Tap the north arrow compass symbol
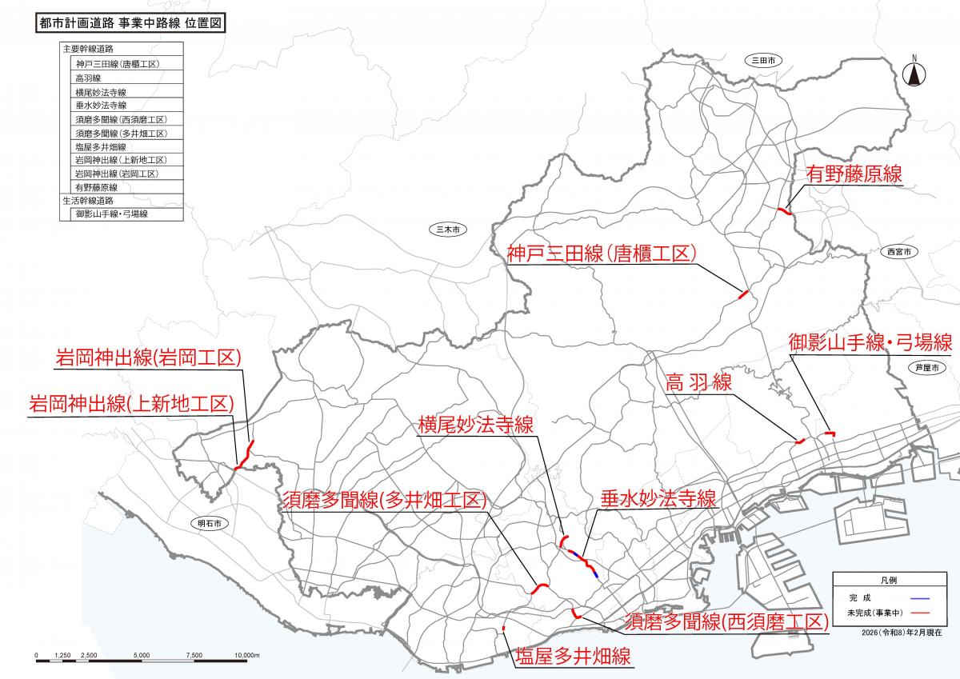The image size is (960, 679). point(914,73)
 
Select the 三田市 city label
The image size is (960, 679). point(764,60)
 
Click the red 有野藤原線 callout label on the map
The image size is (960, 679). point(854,174)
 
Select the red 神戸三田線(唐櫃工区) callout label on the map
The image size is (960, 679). point(601,254)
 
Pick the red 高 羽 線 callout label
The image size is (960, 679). point(698,383)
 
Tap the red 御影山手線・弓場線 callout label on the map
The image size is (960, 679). point(870,343)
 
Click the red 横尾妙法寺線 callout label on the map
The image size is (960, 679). point(476,425)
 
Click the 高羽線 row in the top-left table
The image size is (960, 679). point(88,78)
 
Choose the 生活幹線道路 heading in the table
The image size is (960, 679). point(88,200)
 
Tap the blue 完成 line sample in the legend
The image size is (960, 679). point(920,598)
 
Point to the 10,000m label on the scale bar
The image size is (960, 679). point(246,656)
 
